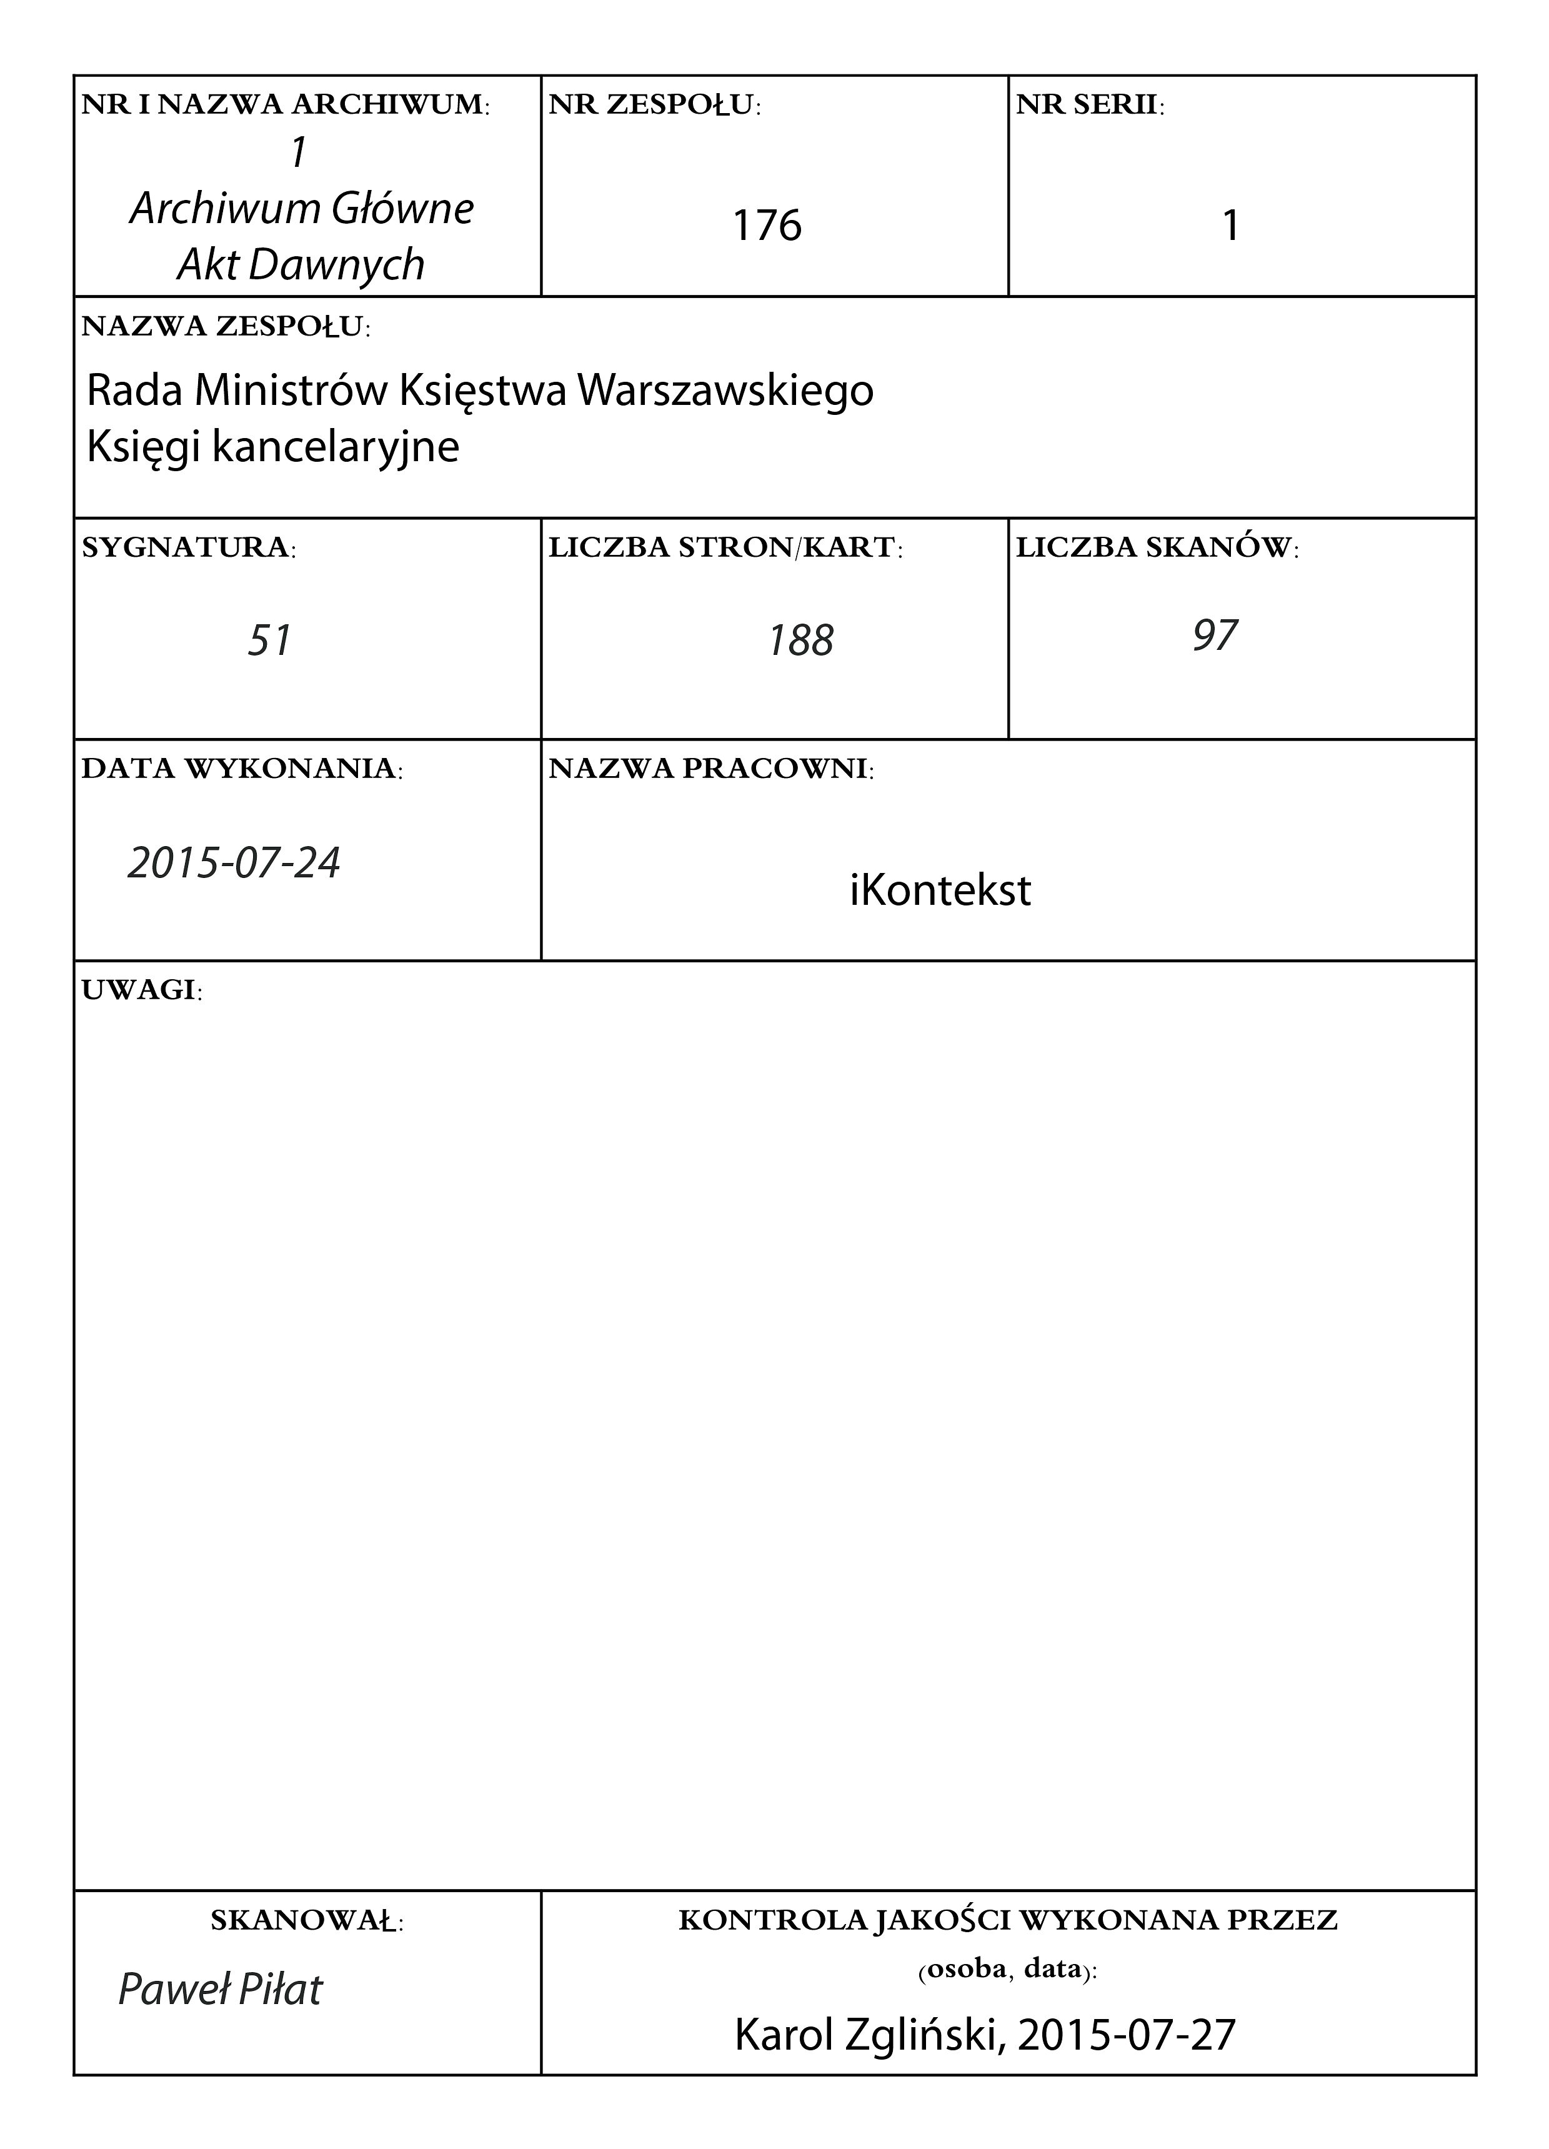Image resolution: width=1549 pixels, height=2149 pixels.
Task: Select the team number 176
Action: click(767, 226)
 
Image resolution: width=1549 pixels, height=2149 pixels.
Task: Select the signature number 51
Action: click(269, 641)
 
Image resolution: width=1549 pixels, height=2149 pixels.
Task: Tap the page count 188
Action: click(800, 641)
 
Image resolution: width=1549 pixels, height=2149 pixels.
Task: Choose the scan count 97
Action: click(1215, 636)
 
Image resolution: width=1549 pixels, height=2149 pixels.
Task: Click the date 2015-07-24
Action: click(234, 863)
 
